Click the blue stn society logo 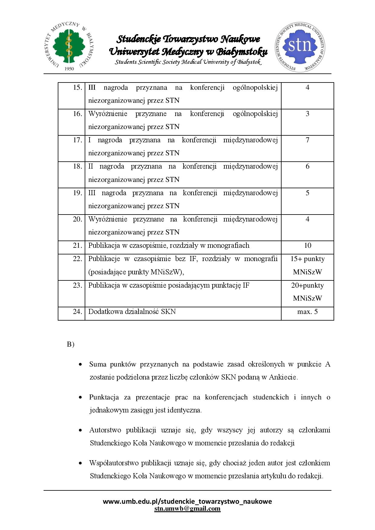tap(300, 47)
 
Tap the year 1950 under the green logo tap(69, 69)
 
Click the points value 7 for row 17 tap(307, 140)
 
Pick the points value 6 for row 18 tap(307, 166)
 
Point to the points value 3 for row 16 tap(307, 114)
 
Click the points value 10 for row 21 tap(307, 245)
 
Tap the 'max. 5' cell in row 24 tap(307, 312)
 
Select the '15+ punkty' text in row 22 tap(307, 259)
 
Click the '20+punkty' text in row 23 tap(307, 285)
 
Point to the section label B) tap(70, 344)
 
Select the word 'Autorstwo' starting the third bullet tap(106, 430)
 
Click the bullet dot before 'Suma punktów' tap(80, 365)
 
